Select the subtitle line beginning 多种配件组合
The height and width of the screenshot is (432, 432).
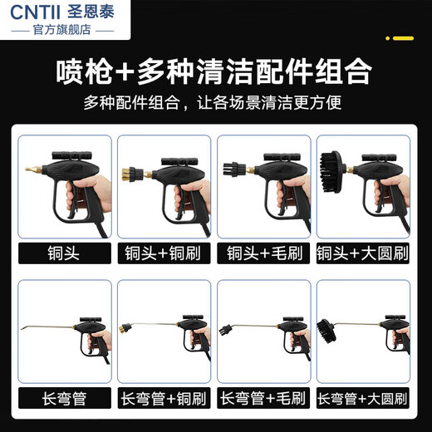click(215, 105)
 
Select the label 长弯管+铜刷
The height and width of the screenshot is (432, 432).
click(164, 396)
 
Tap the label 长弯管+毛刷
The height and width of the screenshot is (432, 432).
click(264, 396)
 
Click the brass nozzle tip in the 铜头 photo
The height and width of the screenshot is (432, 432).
click(30, 170)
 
